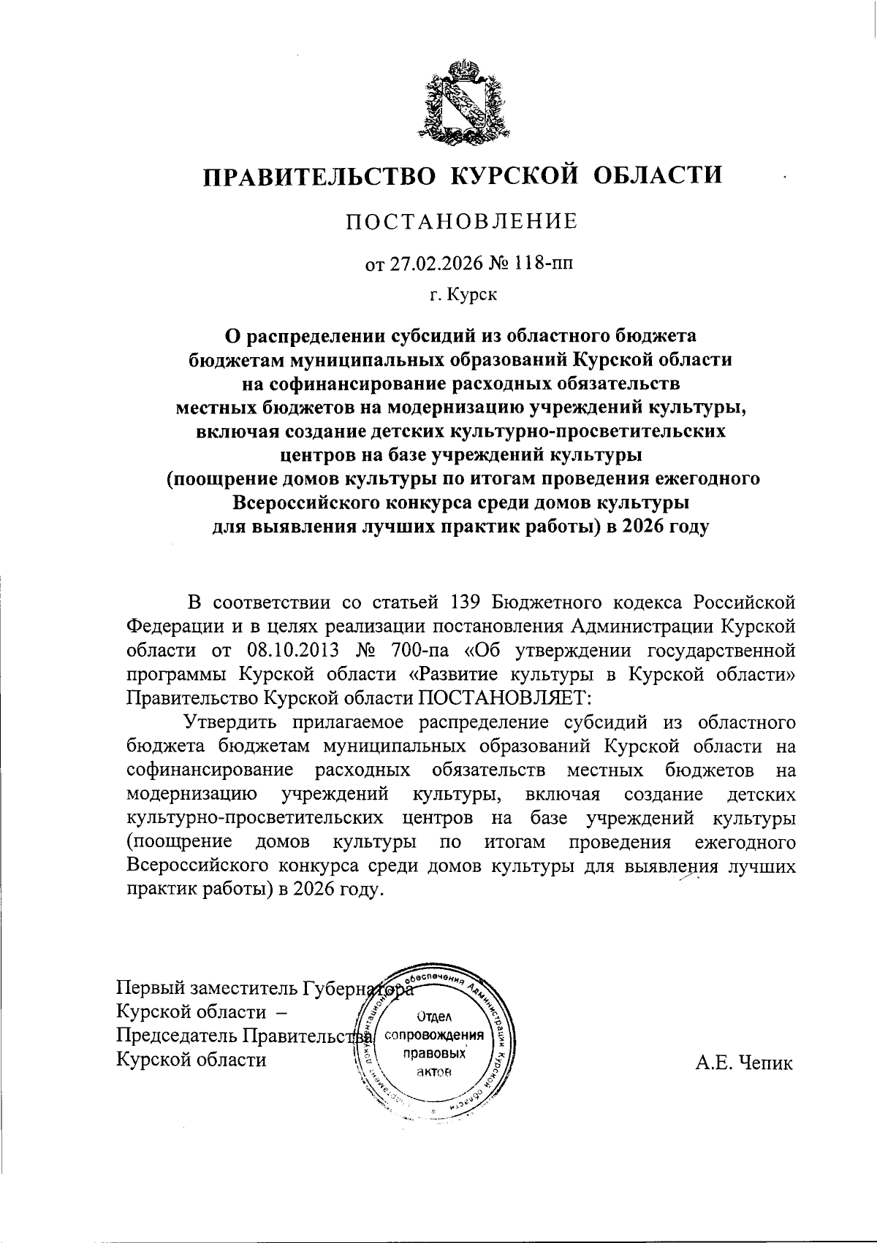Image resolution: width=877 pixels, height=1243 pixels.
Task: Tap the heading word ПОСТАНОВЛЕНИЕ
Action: pyautogui.click(x=461, y=221)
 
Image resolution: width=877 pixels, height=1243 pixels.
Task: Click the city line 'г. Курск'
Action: pyautogui.click(x=463, y=295)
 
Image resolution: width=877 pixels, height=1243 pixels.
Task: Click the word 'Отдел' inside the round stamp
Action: pyautogui.click(x=435, y=1016)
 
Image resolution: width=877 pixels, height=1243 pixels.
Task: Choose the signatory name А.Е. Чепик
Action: pyautogui.click(x=743, y=1063)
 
